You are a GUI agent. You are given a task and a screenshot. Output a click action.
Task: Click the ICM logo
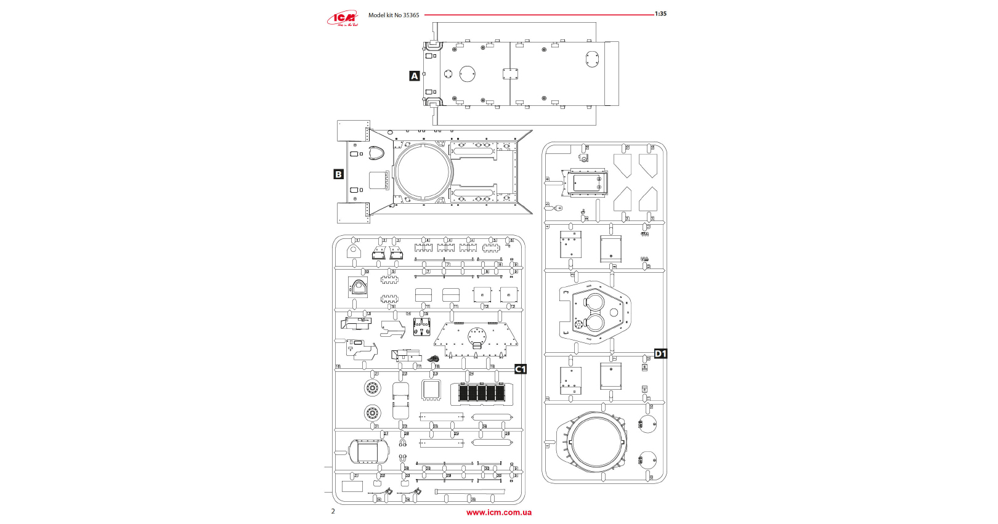click(343, 18)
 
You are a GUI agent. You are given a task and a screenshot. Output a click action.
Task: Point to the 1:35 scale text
click(660, 14)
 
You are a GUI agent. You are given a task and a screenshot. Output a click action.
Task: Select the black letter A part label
click(415, 76)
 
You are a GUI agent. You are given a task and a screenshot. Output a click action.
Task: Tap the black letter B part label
click(338, 174)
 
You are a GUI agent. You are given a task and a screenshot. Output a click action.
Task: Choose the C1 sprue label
click(521, 369)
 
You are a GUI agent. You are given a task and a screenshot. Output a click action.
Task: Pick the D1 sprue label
click(660, 353)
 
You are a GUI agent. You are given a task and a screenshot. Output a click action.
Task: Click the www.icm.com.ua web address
click(499, 512)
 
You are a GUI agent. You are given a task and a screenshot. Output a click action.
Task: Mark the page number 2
click(333, 511)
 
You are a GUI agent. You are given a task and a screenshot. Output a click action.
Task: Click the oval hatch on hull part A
click(592, 59)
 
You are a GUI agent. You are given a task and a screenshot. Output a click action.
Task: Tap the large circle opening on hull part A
click(468, 74)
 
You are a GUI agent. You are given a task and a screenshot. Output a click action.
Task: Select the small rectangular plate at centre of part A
click(510, 74)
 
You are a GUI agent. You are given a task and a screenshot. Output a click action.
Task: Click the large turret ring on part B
click(423, 172)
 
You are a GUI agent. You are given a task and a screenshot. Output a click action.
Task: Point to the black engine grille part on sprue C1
click(481, 393)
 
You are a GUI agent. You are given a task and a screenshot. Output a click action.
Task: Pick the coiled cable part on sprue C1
click(433, 358)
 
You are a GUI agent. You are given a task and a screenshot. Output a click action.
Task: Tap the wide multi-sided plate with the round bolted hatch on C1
click(476, 339)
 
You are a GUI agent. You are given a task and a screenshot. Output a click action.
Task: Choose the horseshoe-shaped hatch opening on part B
click(376, 153)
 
